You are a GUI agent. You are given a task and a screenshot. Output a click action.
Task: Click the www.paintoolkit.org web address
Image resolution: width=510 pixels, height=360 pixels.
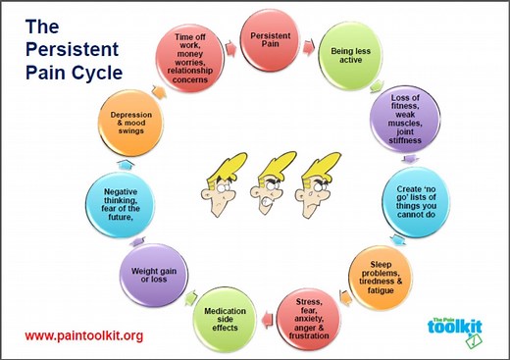[83, 335]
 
